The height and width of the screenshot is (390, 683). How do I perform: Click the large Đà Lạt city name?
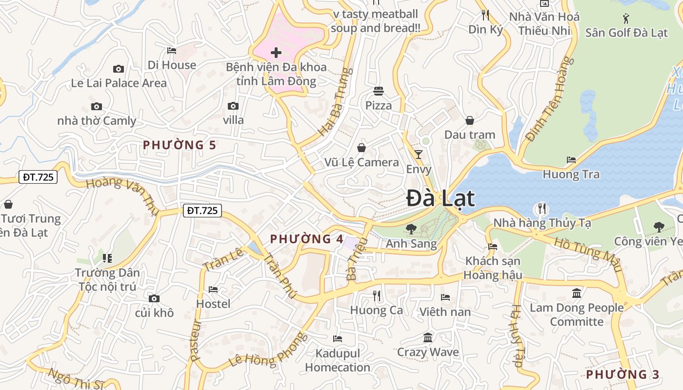(x=441, y=198)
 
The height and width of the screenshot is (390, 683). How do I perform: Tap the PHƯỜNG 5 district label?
(x=179, y=145)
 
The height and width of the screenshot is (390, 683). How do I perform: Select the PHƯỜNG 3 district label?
(x=623, y=374)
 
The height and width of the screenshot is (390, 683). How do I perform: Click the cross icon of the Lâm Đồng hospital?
(x=276, y=52)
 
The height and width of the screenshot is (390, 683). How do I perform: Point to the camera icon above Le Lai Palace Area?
(x=119, y=69)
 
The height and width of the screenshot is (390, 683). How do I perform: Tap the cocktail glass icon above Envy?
(x=419, y=155)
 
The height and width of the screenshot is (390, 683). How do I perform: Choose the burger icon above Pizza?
(x=379, y=91)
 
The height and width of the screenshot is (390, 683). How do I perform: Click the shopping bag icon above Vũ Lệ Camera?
(x=362, y=147)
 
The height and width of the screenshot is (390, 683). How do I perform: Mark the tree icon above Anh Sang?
(x=411, y=229)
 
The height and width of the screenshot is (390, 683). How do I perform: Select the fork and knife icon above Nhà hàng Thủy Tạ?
(x=542, y=209)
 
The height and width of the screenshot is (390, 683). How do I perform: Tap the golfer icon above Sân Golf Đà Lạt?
(x=626, y=19)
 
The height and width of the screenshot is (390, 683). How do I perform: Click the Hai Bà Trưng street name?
(x=336, y=101)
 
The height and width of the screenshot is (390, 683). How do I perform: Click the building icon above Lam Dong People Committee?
(x=577, y=293)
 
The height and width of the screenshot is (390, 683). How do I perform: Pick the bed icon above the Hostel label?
(x=213, y=290)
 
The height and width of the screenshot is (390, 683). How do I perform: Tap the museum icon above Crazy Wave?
(x=428, y=337)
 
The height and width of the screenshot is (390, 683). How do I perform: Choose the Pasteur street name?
(x=196, y=340)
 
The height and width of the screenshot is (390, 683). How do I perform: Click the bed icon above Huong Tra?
(x=571, y=160)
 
